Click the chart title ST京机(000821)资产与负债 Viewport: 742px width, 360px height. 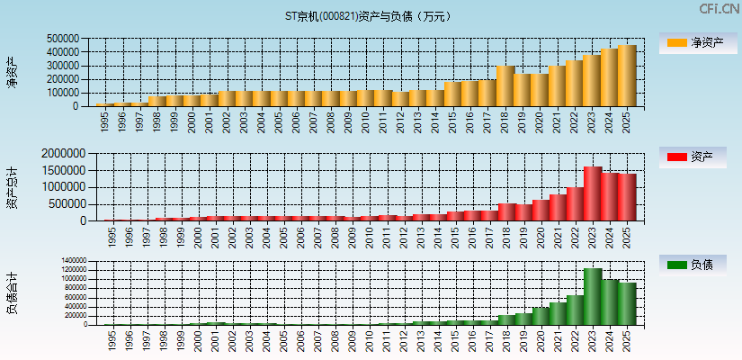click(371, 16)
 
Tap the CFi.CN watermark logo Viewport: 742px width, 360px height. click(719, 8)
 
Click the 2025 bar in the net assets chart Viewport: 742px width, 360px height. click(627, 76)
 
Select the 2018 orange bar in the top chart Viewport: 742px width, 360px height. click(505, 85)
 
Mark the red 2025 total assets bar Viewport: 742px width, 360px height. click(627, 197)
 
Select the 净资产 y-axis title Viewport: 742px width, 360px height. click(13, 72)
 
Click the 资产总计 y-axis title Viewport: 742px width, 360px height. click(13, 187)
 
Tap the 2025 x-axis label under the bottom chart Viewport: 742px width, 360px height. click(627, 340)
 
